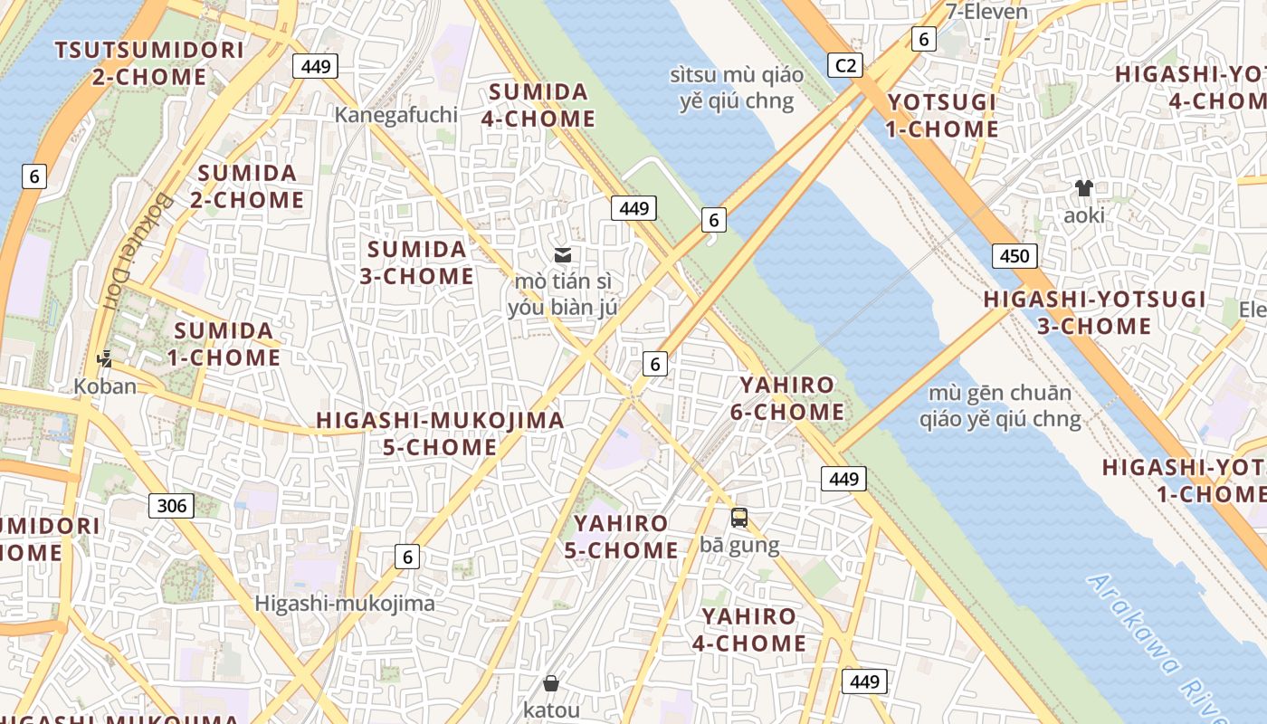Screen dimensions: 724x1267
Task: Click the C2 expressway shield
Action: pos(844,65)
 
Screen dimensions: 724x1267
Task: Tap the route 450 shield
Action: pos(1014,256)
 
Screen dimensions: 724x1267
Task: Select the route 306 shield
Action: pos(171,505)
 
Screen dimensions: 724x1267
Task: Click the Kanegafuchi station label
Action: pos(395,115)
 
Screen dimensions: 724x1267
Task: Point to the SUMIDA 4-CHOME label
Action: pos(541,105)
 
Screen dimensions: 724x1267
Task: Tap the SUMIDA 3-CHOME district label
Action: pos(416,262)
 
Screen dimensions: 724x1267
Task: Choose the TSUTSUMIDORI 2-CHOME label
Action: pos(149,63)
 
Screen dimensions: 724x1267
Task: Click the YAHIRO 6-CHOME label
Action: pos(786,398)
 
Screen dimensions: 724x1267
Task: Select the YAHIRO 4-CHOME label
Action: pos(748,630)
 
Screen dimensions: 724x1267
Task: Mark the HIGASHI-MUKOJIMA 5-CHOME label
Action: pos(440,433)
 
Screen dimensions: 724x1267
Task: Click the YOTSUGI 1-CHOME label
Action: pos(941,116)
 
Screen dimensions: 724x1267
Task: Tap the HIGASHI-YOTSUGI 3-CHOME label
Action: pos(1094,312)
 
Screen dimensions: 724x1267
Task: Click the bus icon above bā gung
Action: pos(739,518)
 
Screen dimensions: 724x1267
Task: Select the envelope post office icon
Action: pos(562,255)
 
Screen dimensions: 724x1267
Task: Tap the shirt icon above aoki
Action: pos(1083,188)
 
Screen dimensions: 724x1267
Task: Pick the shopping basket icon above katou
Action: pos(550,683)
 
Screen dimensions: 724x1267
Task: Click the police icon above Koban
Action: pos(105,358)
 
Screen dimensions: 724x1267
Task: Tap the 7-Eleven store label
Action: pos(986,12)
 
